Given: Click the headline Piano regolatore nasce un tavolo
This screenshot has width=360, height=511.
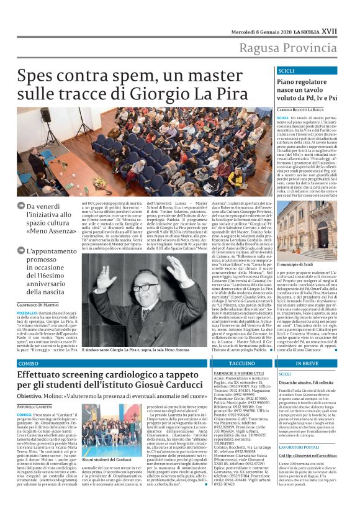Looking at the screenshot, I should tap(302, 89).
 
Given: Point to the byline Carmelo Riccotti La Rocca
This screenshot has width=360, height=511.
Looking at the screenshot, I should tap(302, 109).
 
